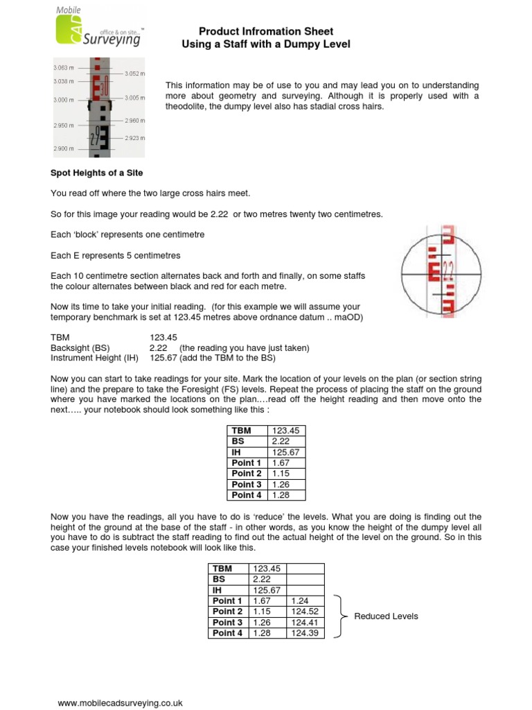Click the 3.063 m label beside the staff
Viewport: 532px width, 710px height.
(x=63, y=68)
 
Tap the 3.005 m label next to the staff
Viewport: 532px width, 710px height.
(x=135, y=98)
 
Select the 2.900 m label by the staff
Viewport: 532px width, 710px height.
(x=63, y=149)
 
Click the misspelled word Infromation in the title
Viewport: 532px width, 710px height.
(x=266, y=31)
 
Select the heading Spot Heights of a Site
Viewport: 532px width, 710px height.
(x=96, y=172)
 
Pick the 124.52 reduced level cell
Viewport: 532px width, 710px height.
(x=305, y=612)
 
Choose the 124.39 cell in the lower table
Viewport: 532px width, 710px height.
(x=305, y=633)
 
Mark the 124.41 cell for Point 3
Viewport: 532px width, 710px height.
(x=305, y=623)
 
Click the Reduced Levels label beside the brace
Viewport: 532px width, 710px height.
(x=386, y=616)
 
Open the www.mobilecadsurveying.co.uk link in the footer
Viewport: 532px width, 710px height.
(x=120, y=702)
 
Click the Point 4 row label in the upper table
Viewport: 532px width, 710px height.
(x=246, y=495)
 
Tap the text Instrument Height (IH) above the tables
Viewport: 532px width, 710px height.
(x=94, y=358)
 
